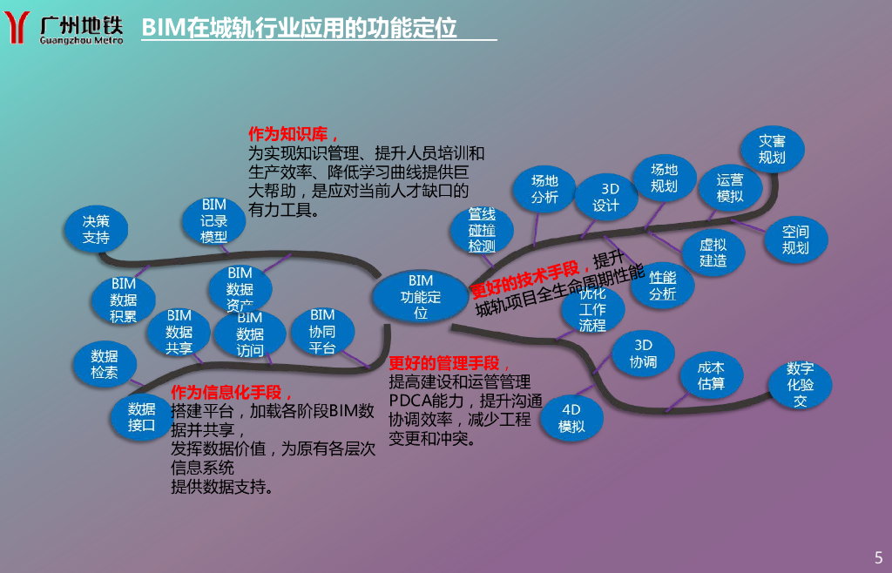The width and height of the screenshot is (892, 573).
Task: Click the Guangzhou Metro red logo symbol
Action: click(x=20, y=28)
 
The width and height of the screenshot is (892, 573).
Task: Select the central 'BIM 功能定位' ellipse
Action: click(x=421, y=296)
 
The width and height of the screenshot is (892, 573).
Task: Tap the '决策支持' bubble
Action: click(x=97, y=229)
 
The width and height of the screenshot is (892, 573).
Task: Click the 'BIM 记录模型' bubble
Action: click(x=213, y=220)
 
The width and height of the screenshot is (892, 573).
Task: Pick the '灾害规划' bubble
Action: click(x=772, y=148)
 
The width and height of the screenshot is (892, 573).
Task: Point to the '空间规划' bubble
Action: click(x=795, y=239)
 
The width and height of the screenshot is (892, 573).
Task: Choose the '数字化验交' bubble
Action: click(x=800, y=384)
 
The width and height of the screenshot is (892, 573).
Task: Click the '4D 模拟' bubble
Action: click(x=571, y=418)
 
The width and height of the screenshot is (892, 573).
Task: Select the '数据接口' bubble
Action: click(x=141, y=416)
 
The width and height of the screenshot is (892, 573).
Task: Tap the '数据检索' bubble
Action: click(x=105, y=364)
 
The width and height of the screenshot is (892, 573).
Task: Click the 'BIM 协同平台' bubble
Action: click(x=322, y=331)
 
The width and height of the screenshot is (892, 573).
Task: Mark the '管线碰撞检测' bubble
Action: click(x=482, y=230)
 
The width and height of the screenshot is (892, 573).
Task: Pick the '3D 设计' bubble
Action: click(x=606, y=197)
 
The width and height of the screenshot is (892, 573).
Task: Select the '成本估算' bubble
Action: click(x=711, y=375)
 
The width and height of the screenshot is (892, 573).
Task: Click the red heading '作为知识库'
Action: click(x=288, y=135)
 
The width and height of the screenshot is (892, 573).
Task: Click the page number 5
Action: click(x=878, y=556)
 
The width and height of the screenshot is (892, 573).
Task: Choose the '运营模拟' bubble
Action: click(x=730, y=188)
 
